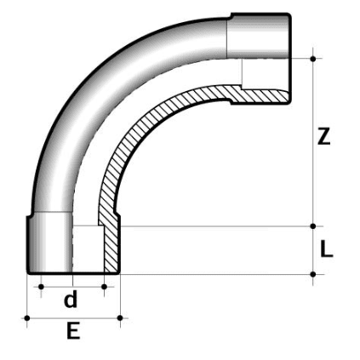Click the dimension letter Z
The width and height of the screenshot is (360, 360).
click(x=323, y=136)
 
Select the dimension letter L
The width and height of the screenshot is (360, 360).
click(x=327, y=250)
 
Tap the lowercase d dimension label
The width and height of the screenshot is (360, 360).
click(x=71, y=300)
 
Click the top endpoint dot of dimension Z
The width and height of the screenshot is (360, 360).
click(x=313, y=58)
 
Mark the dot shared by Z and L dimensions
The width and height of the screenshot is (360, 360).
click(x=313, y=226)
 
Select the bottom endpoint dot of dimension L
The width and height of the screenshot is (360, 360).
click(x=313, y=274)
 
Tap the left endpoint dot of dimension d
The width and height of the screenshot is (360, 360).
click(x=40, y=287)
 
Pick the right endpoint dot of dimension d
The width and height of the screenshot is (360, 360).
click(x=104, y=287)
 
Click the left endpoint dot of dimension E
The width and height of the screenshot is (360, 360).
click(x=27, y=318)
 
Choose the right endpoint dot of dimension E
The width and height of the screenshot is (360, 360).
click(x=120, y=318)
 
